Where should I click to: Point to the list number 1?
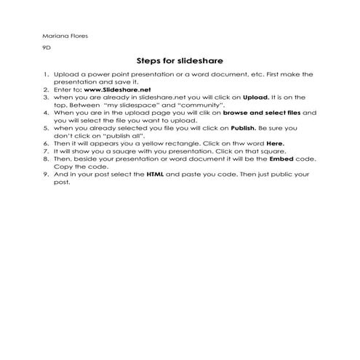(x=46, y=75)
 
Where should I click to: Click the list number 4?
(x=46, y=113)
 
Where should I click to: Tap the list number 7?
(x=46, y=151)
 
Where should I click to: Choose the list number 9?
(x=46, y=175)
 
